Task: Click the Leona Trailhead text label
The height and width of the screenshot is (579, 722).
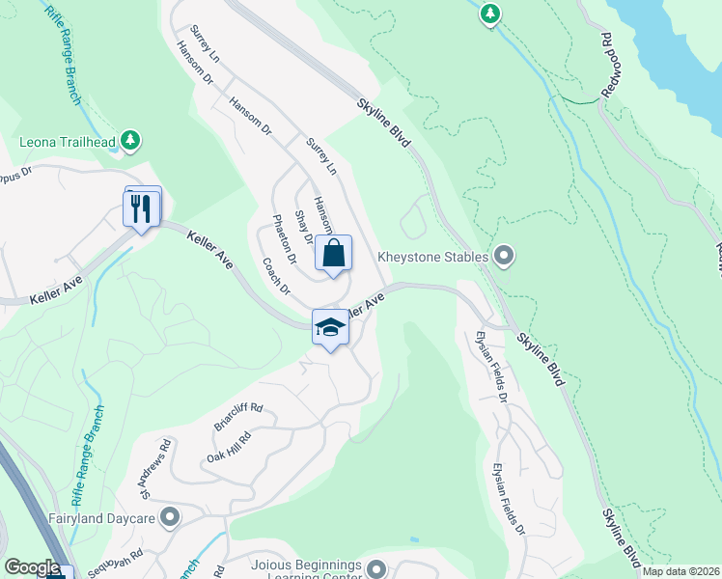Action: (68, 143)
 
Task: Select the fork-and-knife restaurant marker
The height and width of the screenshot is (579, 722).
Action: (142, 207)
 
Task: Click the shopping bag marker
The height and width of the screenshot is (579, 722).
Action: (333, 255)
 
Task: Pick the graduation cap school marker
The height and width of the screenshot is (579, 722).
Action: (330, 328)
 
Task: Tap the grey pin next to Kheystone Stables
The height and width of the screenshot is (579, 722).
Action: (503, 256)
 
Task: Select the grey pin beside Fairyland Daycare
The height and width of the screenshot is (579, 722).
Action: (171, 518)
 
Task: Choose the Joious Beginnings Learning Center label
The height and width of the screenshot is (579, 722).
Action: (306, 570)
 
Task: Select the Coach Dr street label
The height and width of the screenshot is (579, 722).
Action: (275, 275)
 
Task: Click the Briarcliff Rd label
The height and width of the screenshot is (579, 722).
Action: (237, 416)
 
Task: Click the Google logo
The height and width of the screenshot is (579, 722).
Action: (32, 567)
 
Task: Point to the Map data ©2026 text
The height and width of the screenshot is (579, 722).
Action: (680, 571)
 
